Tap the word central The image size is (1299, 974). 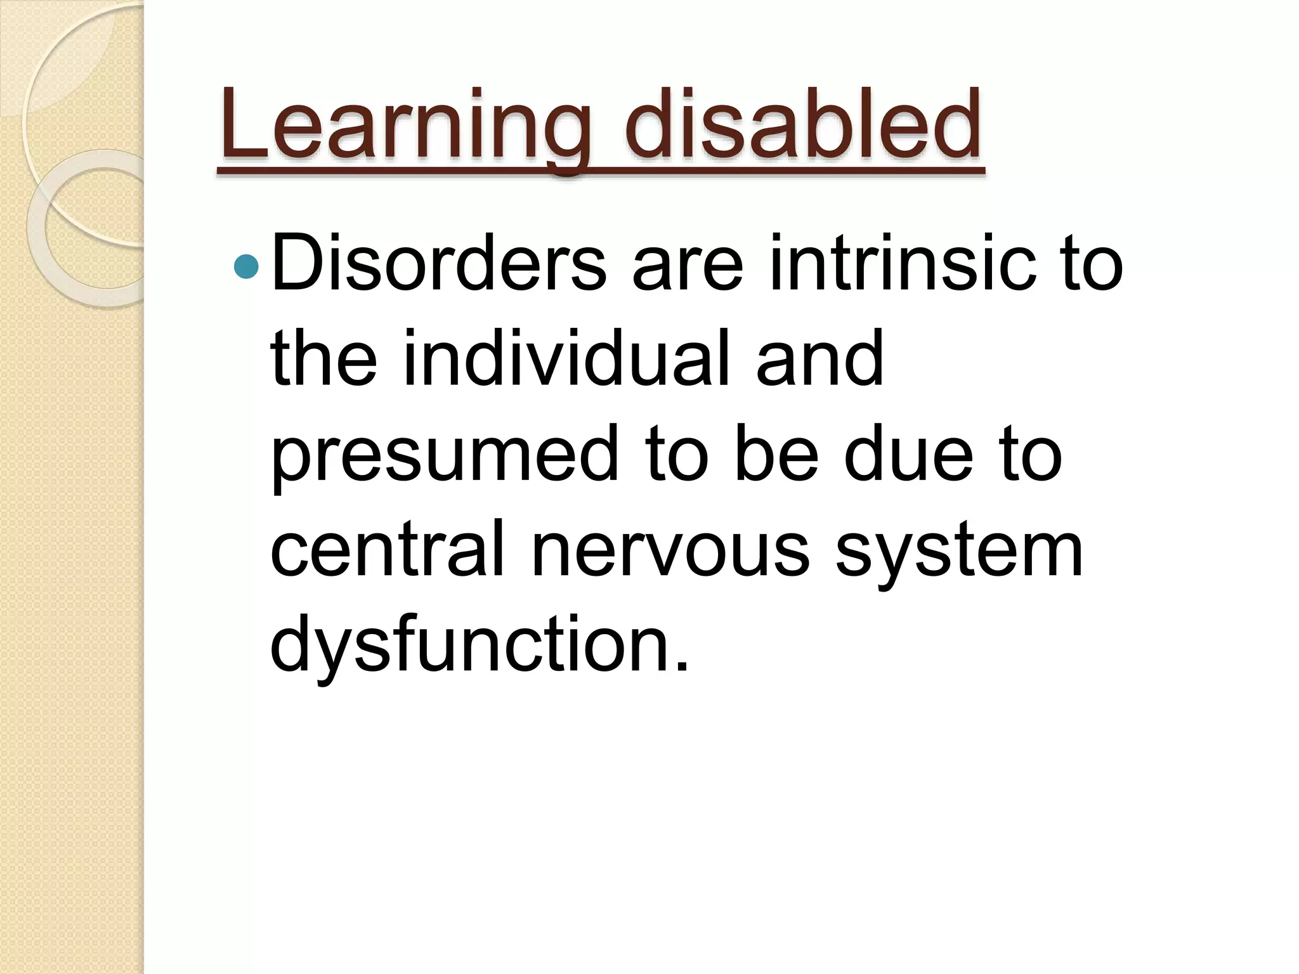387,549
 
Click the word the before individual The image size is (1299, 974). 324,359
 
